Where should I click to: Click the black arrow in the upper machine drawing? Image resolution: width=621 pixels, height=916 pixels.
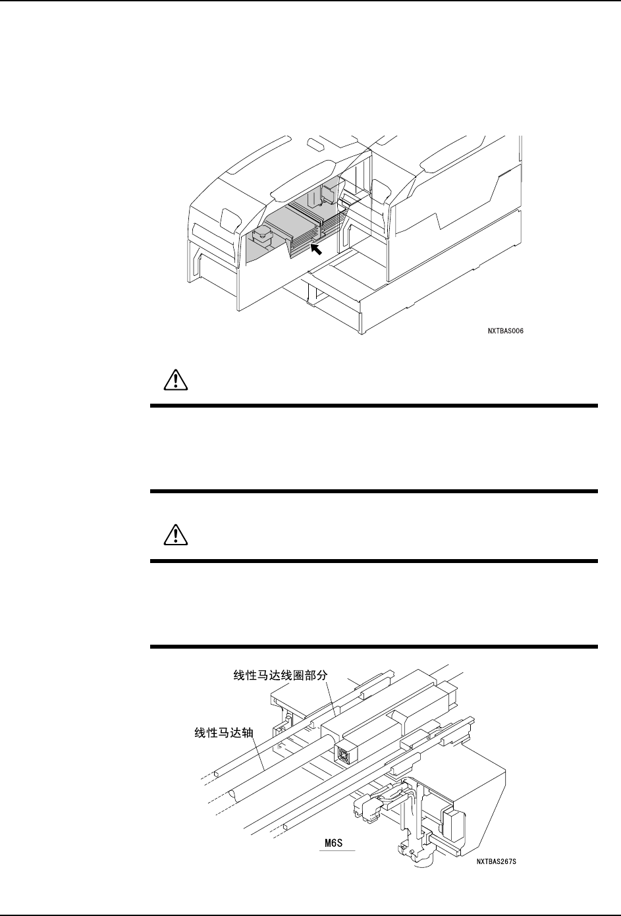(x=317, y=249)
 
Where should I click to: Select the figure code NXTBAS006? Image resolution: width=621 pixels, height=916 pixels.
(x=506, y=331)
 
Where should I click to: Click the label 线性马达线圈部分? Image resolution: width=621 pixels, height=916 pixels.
(x=281, y=676)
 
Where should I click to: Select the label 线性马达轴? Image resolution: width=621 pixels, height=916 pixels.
(x=224, y=732)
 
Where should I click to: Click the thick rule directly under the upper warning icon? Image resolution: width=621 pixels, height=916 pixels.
(x=374, y=406)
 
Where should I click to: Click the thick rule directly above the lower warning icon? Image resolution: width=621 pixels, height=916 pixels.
(x=374, y=491)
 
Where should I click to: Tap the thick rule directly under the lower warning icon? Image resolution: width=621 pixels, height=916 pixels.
(x=374, y=561)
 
